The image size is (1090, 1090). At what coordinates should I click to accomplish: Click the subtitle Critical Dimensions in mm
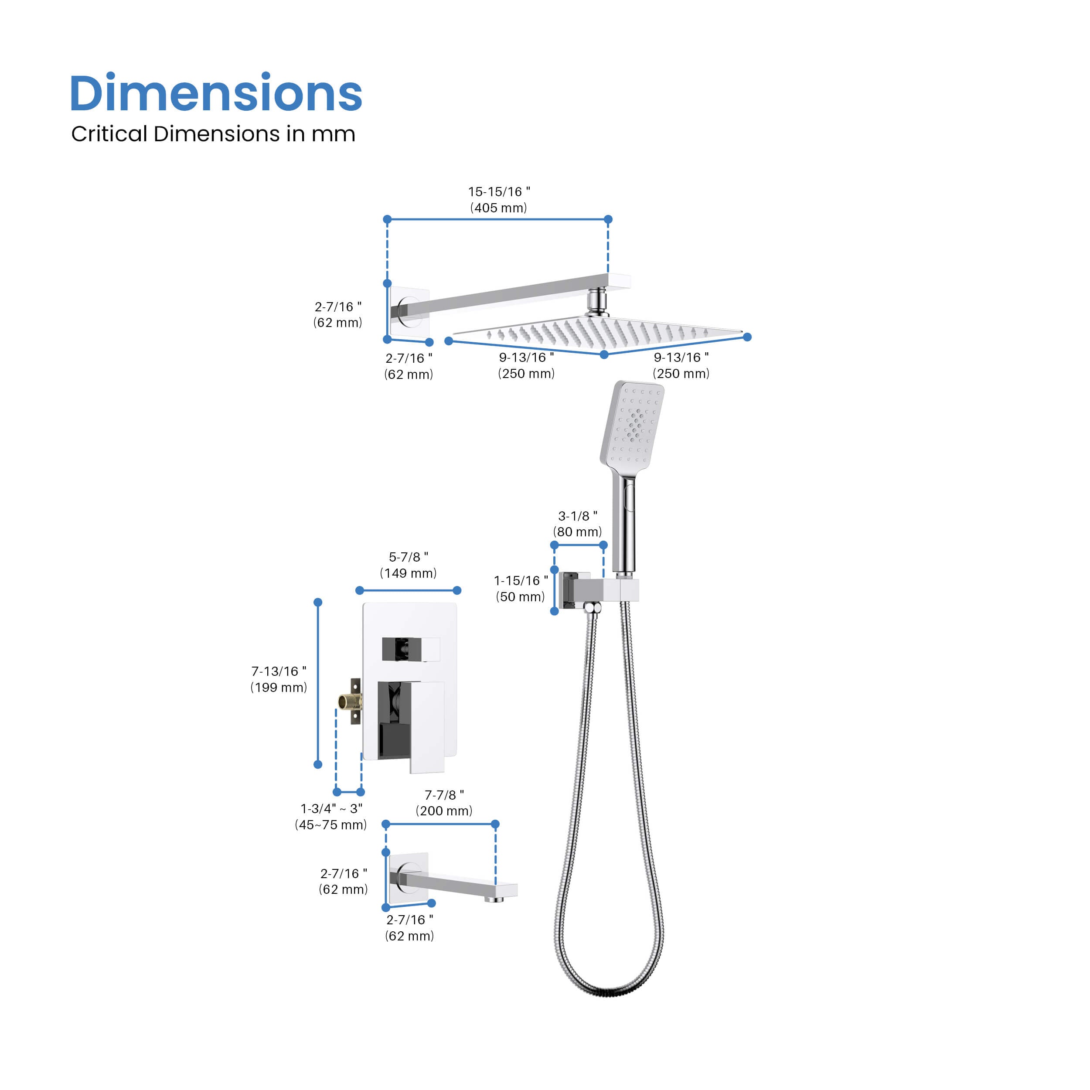[x=213, y=134]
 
